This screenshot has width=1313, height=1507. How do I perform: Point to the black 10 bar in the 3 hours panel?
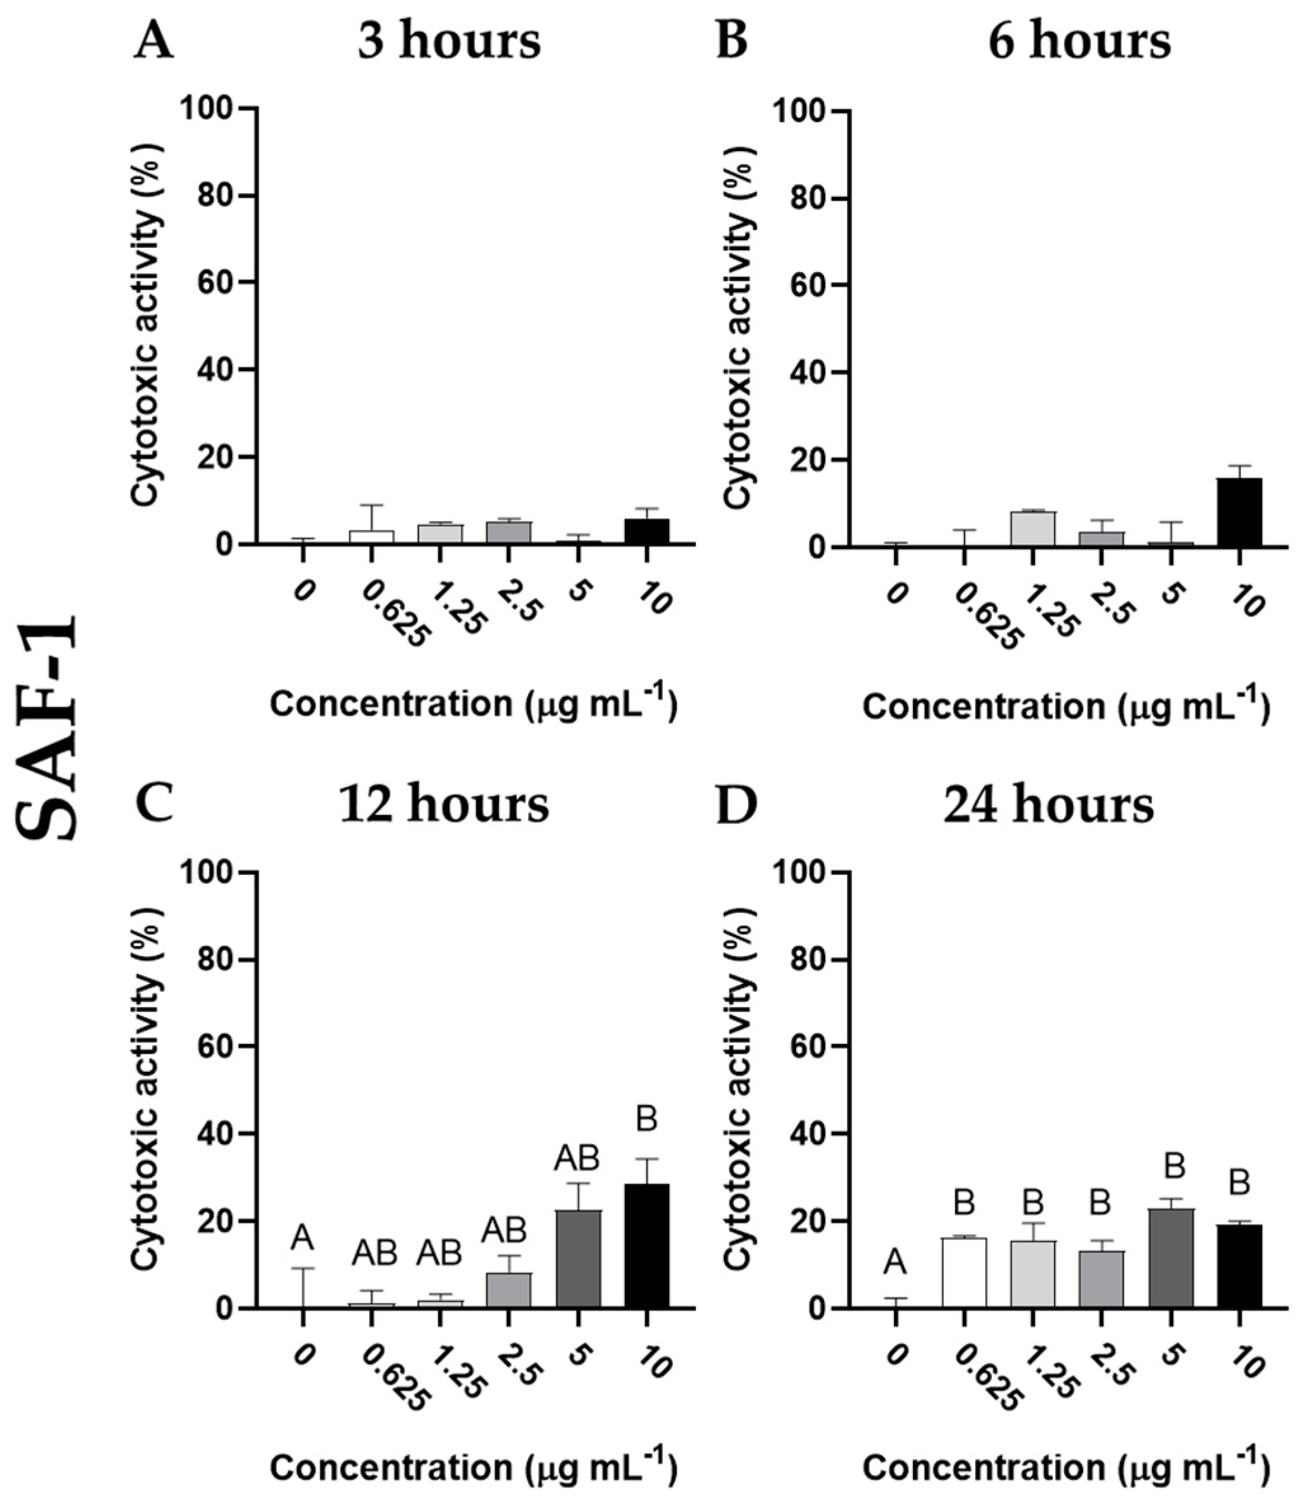tap(646, 531)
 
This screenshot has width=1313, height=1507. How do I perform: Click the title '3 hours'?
tap(448, 42)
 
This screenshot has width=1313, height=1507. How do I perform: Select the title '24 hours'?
tap(1048, 806)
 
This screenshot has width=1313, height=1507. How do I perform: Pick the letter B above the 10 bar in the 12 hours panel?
tap(646, 1119)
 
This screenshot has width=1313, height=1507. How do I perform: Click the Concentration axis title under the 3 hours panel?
tap(472, 705)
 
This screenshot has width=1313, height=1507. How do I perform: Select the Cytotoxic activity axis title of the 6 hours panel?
tap(738, 326)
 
